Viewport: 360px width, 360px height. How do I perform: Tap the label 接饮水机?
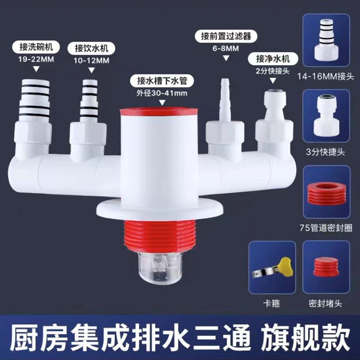92,48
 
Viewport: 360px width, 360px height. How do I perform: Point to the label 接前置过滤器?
223,36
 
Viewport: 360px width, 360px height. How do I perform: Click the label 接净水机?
272,58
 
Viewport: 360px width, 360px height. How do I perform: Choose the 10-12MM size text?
92,59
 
